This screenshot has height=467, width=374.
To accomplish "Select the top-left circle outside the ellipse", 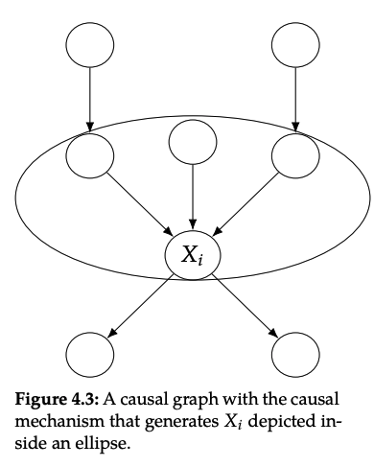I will point(90,43).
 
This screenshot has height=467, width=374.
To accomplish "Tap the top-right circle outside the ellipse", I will point(296,43).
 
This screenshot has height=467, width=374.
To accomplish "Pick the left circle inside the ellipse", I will point(90,154).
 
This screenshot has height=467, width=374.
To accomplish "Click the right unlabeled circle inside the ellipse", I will point(296,154).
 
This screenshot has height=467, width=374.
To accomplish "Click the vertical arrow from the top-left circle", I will point(90,99).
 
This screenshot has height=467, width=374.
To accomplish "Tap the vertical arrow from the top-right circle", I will point(296,99).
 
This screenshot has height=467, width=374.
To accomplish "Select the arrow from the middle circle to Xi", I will point(193,199).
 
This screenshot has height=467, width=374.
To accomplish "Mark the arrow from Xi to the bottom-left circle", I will point(139,307).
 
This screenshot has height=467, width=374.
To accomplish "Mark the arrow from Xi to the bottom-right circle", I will point(246,307).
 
